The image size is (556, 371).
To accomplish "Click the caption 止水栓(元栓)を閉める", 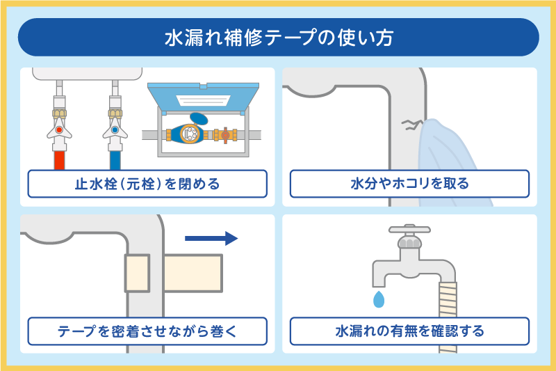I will coord(147,184).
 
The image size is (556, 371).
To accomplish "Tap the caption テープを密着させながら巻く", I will coord(147,331).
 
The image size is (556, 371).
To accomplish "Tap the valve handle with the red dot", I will coord(60,129).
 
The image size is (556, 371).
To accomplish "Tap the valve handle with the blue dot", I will coord(115,129).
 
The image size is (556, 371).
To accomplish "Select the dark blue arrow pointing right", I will coord(211,239).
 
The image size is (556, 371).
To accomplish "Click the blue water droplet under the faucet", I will coord(379,299).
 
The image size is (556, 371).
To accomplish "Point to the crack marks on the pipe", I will coord(410,125).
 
